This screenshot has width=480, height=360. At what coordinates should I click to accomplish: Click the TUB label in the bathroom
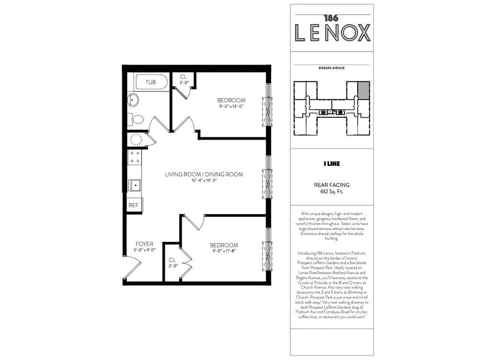tap(150, 82)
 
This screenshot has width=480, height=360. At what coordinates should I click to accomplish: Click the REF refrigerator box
tap(134, 205)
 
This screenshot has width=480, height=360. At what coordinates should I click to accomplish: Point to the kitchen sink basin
tap(135, 185)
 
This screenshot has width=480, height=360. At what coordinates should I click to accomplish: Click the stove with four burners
tap(135, 157)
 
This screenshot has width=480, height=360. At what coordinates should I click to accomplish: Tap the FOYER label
tap(144, 244)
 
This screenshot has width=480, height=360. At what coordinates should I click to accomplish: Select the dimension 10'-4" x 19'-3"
tap(203, 181)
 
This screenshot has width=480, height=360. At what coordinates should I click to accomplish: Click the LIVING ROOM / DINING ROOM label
tap(204, 174)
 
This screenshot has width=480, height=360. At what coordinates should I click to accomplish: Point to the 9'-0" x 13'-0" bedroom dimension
tap(231, 106)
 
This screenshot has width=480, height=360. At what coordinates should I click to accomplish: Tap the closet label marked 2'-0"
tap(172, 266)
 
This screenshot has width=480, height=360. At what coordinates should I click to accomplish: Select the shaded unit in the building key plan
tap(363, 90)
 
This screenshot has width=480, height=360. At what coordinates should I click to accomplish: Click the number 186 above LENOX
tap(331, 18)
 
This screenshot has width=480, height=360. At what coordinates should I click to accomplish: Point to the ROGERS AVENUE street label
tap(331, 68)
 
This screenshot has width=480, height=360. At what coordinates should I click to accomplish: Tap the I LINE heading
tap(331, 164)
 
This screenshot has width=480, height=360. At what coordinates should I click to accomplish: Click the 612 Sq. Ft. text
tap(331, 192)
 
